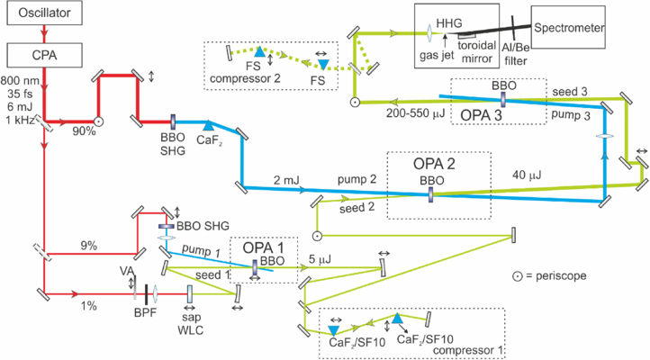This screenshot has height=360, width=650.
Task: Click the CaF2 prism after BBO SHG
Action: (210, 127)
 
